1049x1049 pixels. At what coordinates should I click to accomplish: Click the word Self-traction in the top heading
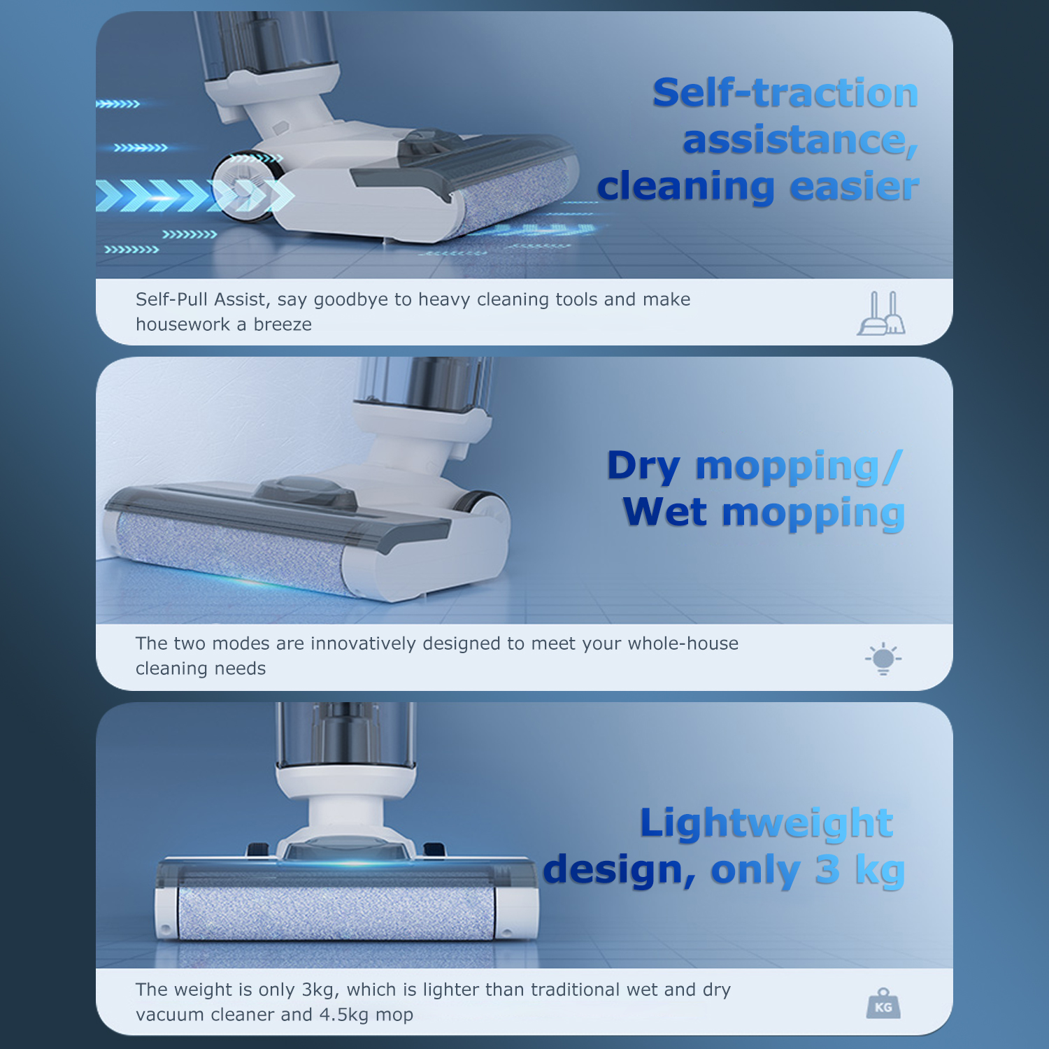point(785,93)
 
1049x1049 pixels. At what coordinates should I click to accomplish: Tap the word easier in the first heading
point(854,187)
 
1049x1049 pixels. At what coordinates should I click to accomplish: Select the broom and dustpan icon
point(881,313)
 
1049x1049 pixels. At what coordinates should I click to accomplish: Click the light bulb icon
point(883,658)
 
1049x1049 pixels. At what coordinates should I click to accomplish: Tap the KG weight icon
point(883,1004)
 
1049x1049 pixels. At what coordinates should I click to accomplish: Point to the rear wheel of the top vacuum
point(241,185)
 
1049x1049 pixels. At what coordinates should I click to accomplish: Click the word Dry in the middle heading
point(643,466)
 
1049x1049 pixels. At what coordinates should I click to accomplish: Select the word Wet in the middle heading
point(665,512)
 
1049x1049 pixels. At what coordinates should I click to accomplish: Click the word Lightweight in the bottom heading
point(766,824)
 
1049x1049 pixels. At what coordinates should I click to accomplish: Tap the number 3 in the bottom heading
point(827,870)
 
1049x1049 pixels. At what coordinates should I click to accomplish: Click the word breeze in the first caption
point(283,324)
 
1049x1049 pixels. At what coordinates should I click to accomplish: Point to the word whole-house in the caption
point(683,643)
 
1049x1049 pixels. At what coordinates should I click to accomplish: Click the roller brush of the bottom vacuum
point(338,913)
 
